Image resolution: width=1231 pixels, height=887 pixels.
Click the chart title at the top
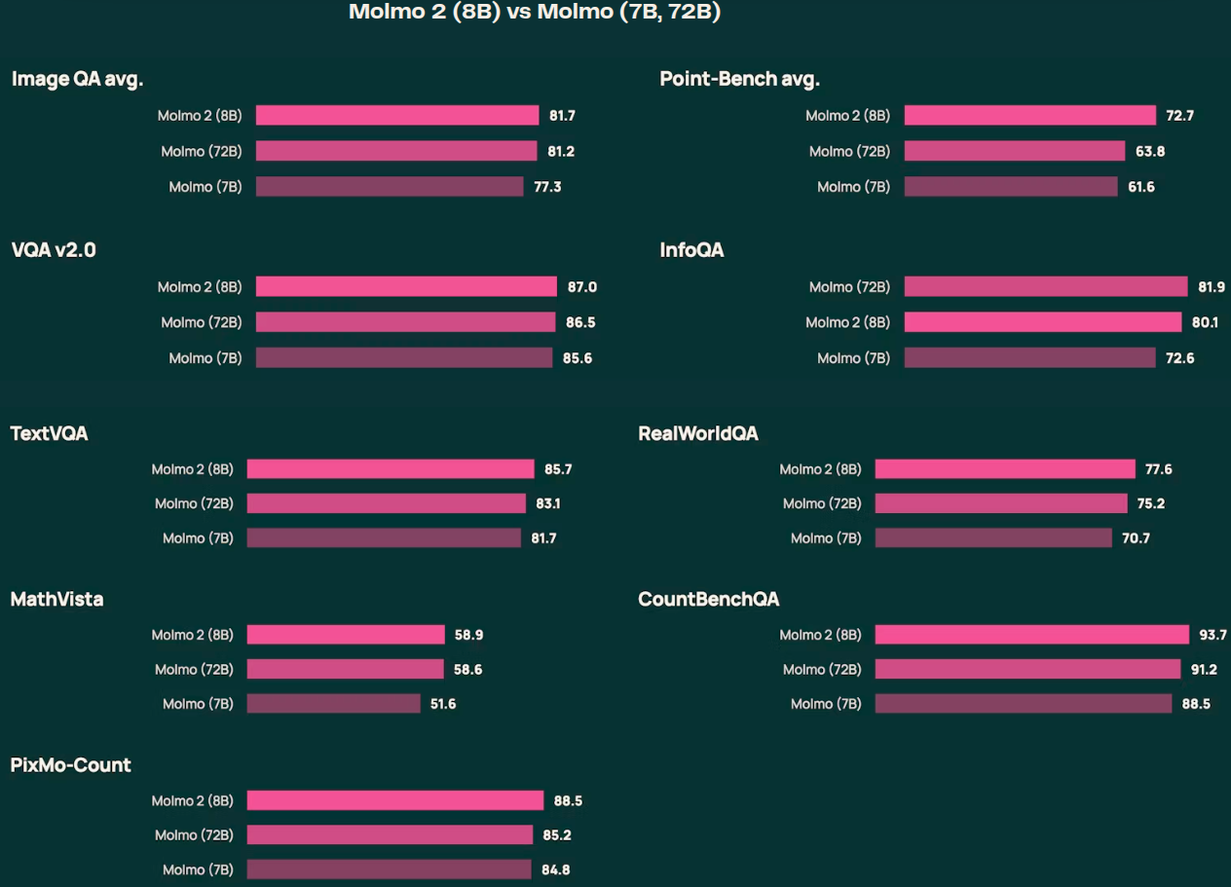click(x=535, y=13)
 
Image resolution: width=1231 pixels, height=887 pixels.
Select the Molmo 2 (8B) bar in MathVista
click(x=346, y=635)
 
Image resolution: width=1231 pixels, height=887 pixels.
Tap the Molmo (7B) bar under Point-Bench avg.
click(x=1010, y=187)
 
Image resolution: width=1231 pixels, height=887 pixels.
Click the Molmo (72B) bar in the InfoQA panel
click(x=1045, y=286)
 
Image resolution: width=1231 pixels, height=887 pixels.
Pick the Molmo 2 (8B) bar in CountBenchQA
click(x=1031, y=635)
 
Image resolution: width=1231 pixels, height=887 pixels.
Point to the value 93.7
click(x=1212, y=635)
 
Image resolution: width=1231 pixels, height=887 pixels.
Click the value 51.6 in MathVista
click(x=442, y=703)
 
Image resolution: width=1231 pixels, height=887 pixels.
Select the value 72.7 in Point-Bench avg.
click(x=1179, y=116)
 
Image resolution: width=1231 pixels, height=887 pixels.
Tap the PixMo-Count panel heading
click(x=70, y=765)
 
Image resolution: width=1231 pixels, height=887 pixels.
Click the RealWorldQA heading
click(x=697, y=433)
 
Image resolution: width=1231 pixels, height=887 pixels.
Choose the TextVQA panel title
click(x=49, y=433)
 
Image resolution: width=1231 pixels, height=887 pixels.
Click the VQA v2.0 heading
click(x=54, y=250)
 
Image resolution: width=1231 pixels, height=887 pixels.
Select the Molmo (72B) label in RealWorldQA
click(x=822, y=503)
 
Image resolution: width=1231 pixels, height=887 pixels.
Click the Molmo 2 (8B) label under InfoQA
click(x=847, y=322)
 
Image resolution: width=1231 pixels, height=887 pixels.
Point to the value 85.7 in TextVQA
click(x=558, y=469)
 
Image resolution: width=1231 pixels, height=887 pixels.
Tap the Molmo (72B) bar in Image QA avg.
click(x=395, y=151)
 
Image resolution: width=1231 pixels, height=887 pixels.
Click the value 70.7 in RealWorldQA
click(x=1136, y=537)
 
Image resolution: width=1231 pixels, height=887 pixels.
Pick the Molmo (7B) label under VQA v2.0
click(x=205, y=358)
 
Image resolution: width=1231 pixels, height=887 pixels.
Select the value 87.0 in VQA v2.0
click(x=581, y=287)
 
